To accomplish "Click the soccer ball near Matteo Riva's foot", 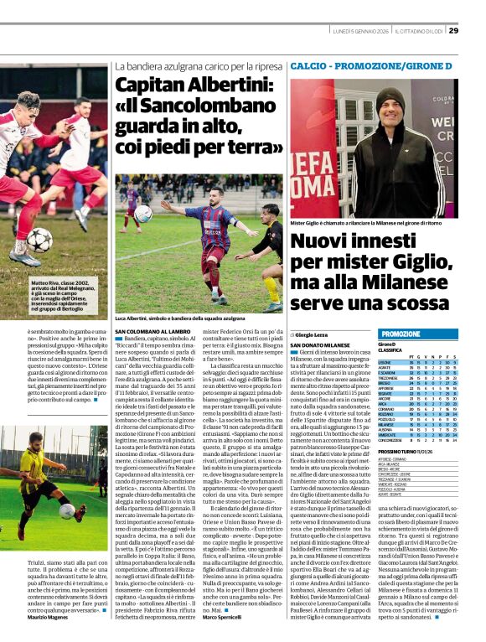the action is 39,240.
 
